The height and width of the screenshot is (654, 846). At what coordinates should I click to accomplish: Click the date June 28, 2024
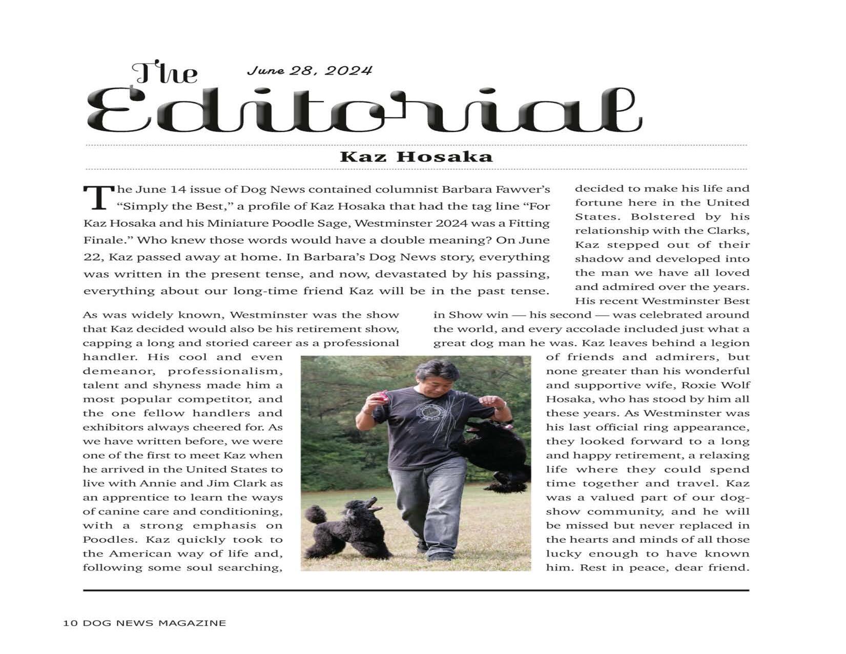[x=309, y=70]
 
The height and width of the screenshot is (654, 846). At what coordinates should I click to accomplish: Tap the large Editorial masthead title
[x=364, y=110]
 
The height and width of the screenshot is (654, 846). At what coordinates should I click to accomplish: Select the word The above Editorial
[x=164, y=73]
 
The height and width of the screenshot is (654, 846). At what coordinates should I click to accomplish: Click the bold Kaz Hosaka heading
[x=416, y=156]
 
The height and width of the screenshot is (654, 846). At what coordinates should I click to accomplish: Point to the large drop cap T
[x=98, y=197]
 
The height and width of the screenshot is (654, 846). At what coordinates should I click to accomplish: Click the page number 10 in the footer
[x=70, y=623]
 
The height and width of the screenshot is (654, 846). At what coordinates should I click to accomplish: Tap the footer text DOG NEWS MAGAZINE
[x=154, y=623]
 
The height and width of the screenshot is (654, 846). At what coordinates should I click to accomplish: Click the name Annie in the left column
[x=151, y=483]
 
